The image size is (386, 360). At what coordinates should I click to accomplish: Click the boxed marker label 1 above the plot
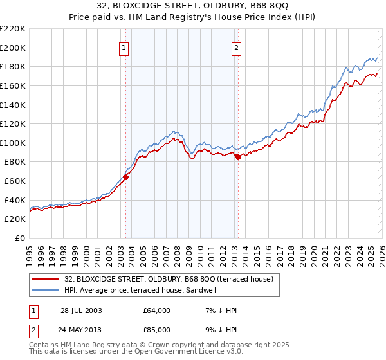pos(123,47)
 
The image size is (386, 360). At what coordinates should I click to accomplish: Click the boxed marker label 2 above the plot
pos(236,47)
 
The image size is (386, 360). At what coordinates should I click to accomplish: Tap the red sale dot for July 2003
pos(126,178)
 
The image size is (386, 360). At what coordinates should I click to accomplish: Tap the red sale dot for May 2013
pos(238,157)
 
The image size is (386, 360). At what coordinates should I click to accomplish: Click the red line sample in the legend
pos(46,279)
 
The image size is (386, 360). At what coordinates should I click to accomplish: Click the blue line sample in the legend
pos(46,290)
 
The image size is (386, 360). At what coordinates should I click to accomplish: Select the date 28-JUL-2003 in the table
pos(81,310)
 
